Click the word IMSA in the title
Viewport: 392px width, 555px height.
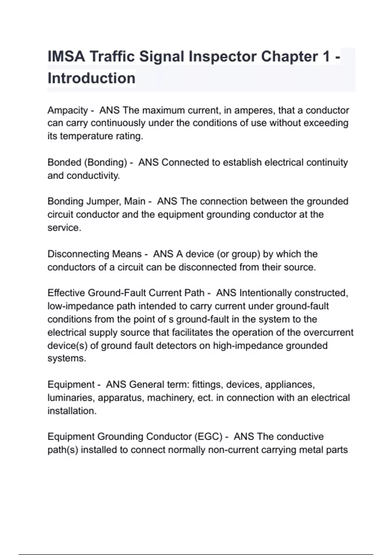(x=66, y=56)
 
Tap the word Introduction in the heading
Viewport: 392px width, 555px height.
(x=91, y=78)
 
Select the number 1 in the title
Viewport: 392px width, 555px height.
(x=326, y=56)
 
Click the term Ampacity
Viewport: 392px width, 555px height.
(x=68, y=110)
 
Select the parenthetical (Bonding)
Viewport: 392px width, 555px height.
(x=106, y=162)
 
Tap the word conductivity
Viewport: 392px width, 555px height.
(x=93, y=176)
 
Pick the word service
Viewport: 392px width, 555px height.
(x=64, y=228)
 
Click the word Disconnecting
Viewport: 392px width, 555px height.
(x=78, y=254)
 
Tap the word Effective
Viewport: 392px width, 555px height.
(x=66, y=293)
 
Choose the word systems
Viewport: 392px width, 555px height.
(x=67, y=358)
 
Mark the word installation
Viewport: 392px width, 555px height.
(x=72, y=411)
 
